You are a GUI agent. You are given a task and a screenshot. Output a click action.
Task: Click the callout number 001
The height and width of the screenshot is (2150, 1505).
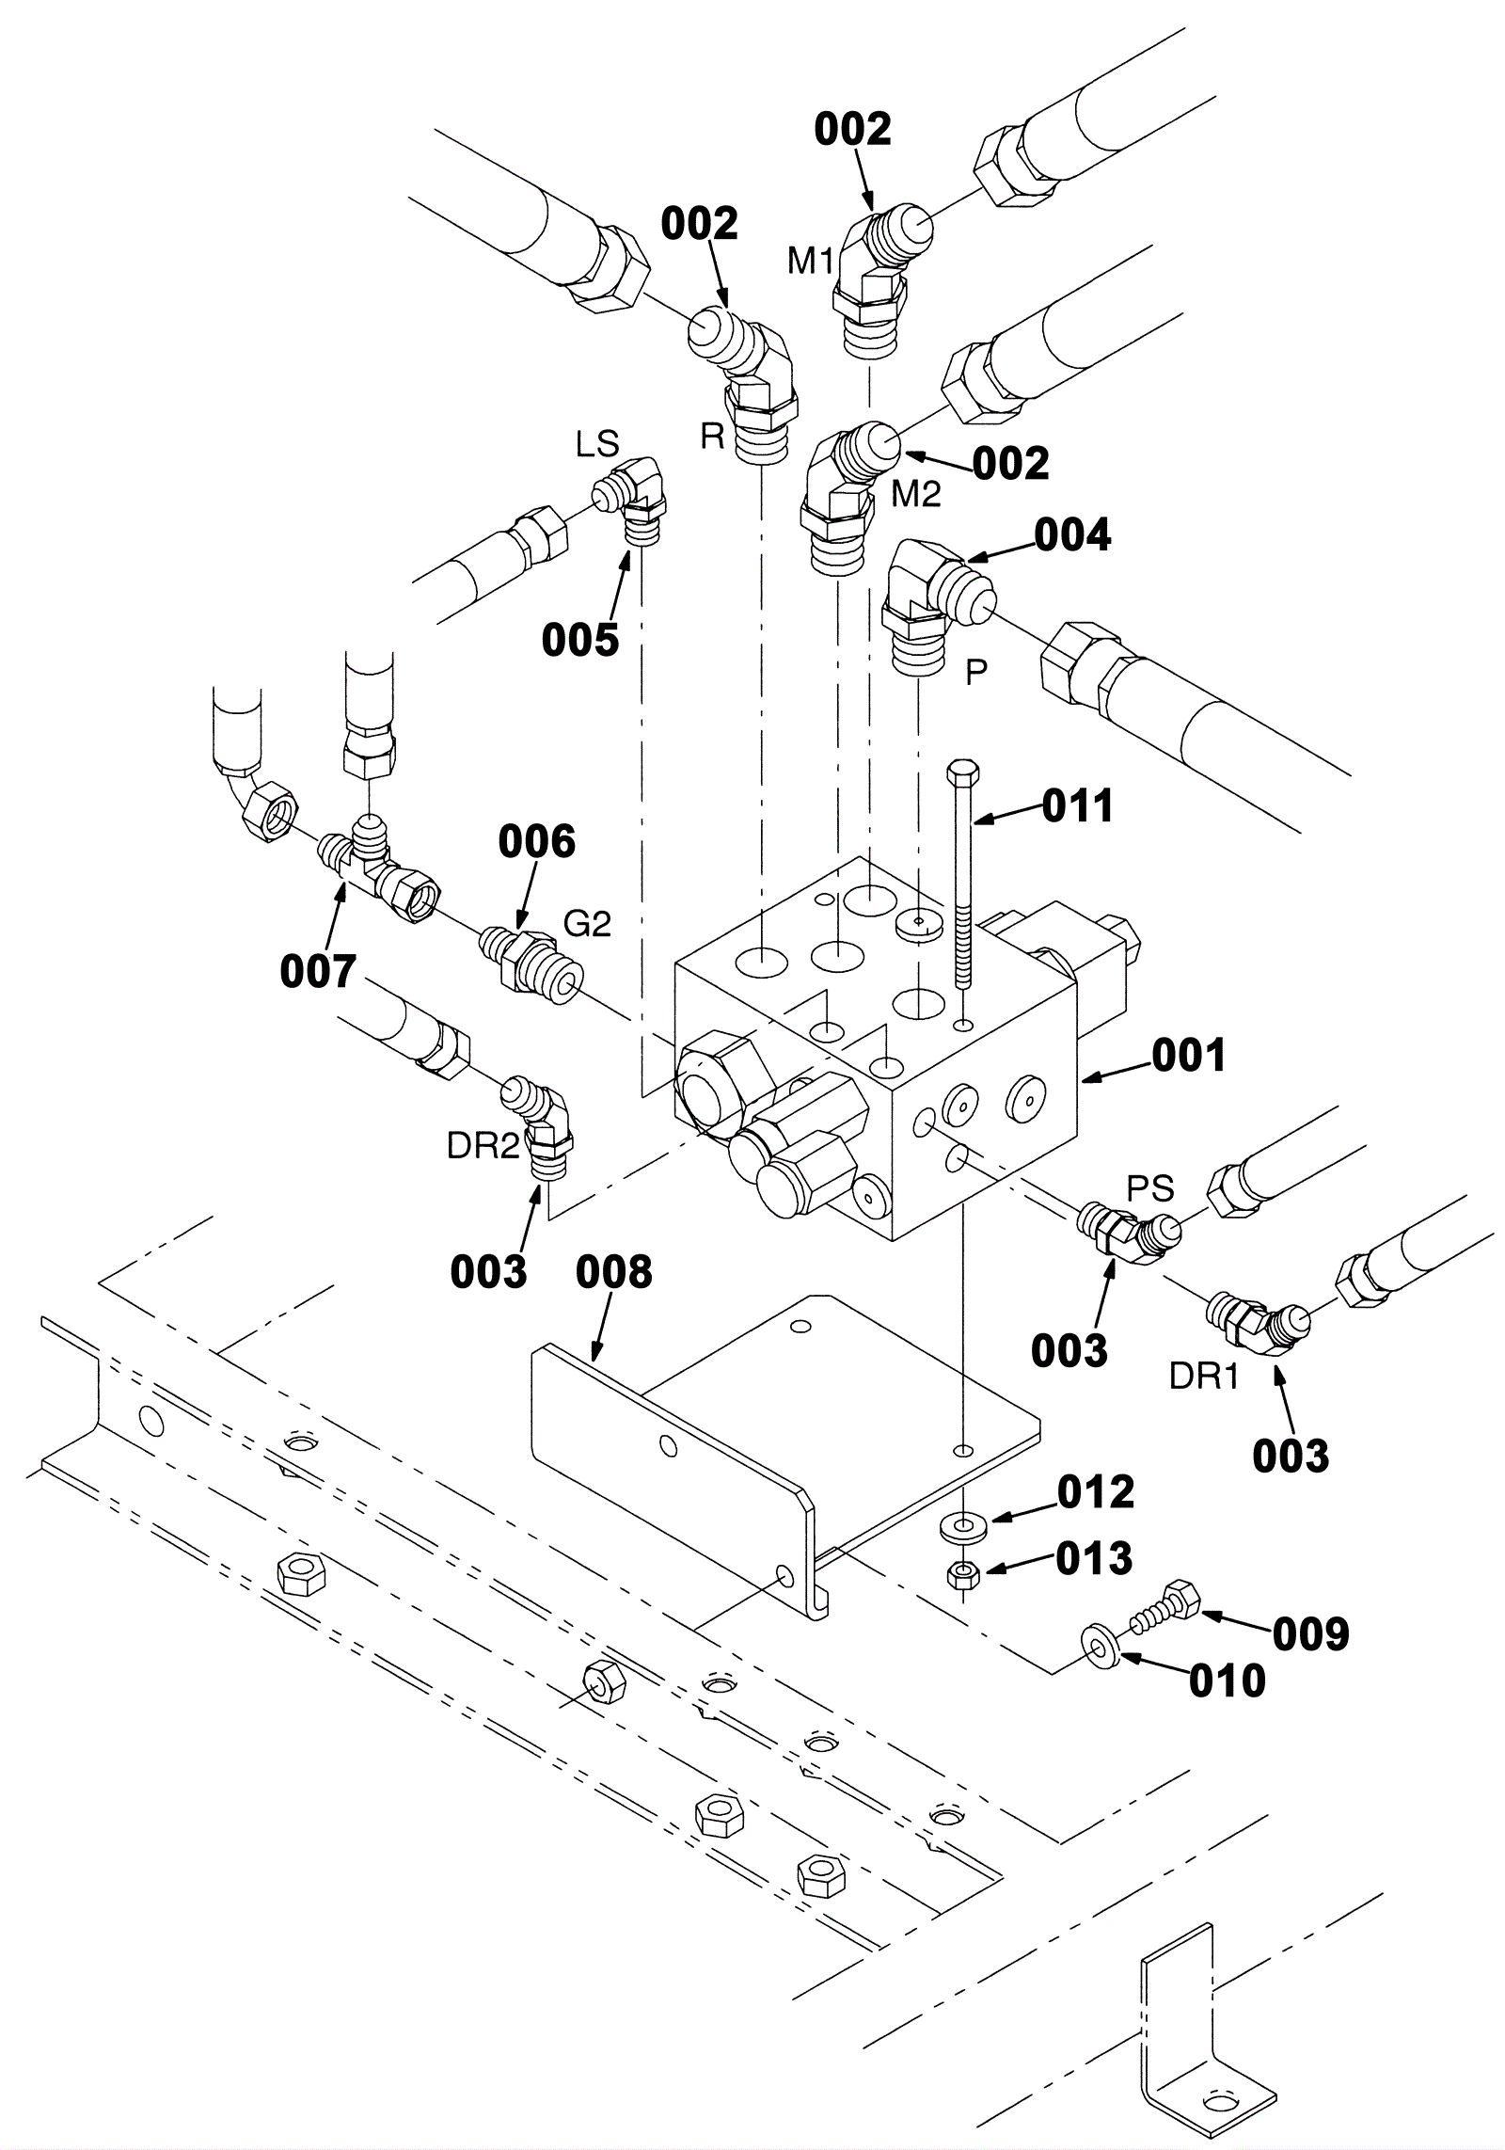pyautogui.click(x=1190, y=1056)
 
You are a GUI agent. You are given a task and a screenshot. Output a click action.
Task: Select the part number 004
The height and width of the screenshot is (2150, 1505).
pyautogui.click(x=1073, y=535)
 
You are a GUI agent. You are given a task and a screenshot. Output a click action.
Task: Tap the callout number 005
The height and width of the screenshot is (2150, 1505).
pyautogui.click(x=580, y=640)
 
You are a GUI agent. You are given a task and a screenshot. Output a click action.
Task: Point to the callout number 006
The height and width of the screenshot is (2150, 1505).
pyautogui.click(x=537, y=842)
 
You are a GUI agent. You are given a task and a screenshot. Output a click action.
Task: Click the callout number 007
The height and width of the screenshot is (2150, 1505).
pyautogui.click(x=319, y=971)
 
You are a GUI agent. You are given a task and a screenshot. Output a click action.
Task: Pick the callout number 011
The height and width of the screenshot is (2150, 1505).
pyautogui.click(x=1077, y=806)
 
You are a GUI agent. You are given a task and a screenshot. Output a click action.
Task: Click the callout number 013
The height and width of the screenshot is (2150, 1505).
pyautogui.click(x=1094, y=1559)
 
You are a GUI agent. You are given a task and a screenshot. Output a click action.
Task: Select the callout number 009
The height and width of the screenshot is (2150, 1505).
pyautogui.click(x=1311, y=1634)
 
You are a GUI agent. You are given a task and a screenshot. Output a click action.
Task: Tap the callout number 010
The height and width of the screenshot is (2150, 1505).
pyautogui.click(x=1228, y=1680)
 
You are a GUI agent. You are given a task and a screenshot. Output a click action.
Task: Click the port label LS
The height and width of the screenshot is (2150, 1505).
pyautogui.click(x=598, y=445)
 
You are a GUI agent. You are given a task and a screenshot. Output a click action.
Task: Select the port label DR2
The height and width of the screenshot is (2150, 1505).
pyautogui.click(x=483, y=1145)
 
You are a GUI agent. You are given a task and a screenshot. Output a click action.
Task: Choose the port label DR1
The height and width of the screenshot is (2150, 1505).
pyautogui.click(x=1204, y=1377)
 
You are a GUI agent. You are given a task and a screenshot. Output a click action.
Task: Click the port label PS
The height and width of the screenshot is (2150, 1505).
pyautogui.click(x=1151, y=1188)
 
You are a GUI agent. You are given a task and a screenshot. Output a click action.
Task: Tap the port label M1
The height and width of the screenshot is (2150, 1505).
pyautogui.click(x=811, y=261)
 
